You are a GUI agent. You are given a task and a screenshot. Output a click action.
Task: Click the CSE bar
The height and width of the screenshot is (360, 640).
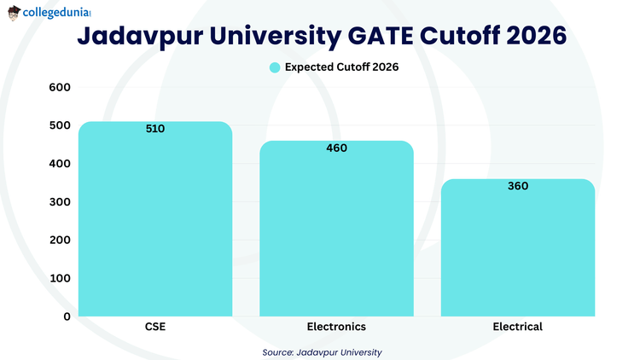pos(155,222)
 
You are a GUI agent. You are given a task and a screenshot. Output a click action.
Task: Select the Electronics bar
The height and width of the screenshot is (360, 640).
pos(336,230)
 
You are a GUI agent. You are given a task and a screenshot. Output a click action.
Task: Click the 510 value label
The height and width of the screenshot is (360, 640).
pos(155,129)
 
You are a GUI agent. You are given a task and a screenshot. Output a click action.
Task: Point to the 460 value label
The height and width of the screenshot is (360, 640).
pos(336,148)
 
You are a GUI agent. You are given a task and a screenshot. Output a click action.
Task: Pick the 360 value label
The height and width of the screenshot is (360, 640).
pos(517,186)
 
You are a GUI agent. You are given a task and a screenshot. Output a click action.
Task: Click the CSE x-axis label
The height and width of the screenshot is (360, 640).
pos(155,327)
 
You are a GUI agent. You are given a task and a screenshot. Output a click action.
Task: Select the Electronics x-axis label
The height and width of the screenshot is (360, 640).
pos(336,327)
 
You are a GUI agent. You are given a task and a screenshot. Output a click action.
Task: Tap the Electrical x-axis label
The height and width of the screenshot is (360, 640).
pos(517,327)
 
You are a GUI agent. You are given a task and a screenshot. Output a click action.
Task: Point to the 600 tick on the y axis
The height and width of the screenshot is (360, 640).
pos(59,87)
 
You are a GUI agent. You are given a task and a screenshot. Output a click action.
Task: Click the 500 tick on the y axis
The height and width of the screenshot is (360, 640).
pos(59,125)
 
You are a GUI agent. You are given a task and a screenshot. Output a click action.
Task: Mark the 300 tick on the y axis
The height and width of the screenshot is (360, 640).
pos(59,201)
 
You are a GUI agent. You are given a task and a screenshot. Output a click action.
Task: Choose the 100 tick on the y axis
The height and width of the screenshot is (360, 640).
pos(59,278)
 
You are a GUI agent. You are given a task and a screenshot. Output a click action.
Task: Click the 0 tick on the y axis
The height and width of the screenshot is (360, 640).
pos(66,316)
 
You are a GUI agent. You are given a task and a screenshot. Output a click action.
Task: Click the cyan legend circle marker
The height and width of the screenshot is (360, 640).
pos(274,67)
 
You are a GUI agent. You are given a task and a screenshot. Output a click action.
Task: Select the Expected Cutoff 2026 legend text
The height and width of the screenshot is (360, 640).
pos(341,67)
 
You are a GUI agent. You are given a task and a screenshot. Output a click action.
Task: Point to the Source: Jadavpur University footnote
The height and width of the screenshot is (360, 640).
pos(322,351)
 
